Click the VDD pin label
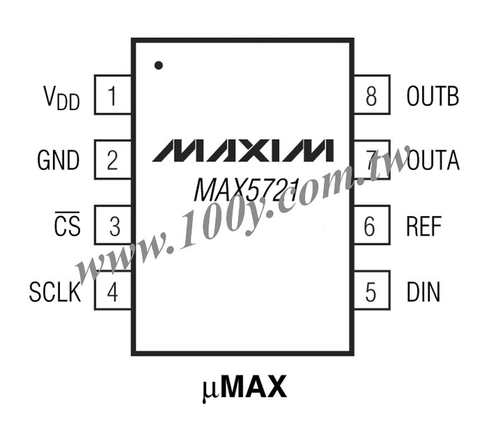(61, 98)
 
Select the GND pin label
(58, 160)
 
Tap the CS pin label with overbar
(67, 224)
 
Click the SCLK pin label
(55, 292)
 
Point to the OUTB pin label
(433, 96)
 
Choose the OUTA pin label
(433, 160)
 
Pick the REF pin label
(424, 226)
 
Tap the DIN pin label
(424, 292)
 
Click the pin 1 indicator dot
(158, 65)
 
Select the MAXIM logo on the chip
(243, 150)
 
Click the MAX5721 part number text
(246, 190)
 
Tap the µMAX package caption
(244, 388)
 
